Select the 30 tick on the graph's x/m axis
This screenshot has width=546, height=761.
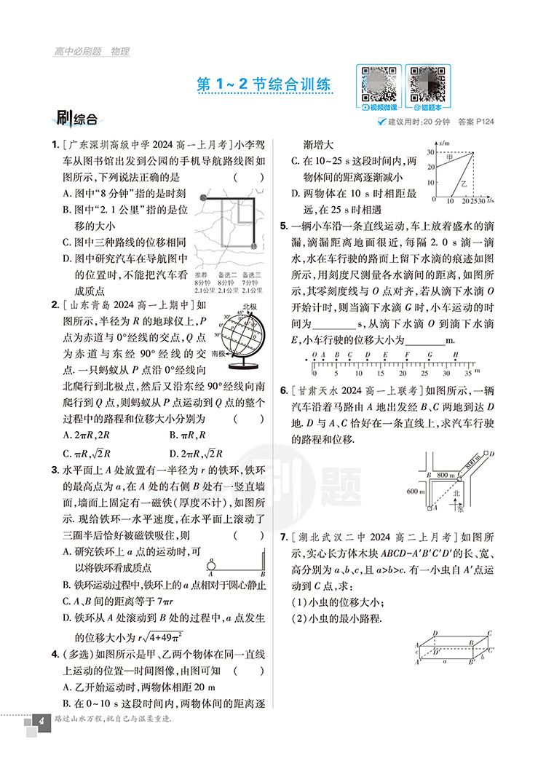[430, 152]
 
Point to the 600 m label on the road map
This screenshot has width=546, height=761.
[416, 491]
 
